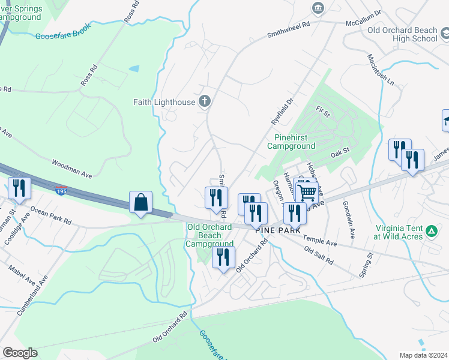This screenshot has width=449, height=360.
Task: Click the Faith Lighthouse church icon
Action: click(x=205, y=101)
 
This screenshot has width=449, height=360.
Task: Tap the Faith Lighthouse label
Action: click(x=164, y=102)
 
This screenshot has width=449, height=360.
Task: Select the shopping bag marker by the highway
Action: click(x=140, y=202)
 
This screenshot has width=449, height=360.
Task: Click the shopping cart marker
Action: click(x=307, y=193)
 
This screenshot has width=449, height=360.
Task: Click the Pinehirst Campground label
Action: click(x=291, y=142)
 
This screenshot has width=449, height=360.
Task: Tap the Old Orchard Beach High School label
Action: click(x=402, y=34)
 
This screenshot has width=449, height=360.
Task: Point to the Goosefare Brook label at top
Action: click(x=62, y=36)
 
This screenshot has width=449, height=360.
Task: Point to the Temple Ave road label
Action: click(x=320, y=241)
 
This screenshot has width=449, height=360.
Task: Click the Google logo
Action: click(x=19, y=353)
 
